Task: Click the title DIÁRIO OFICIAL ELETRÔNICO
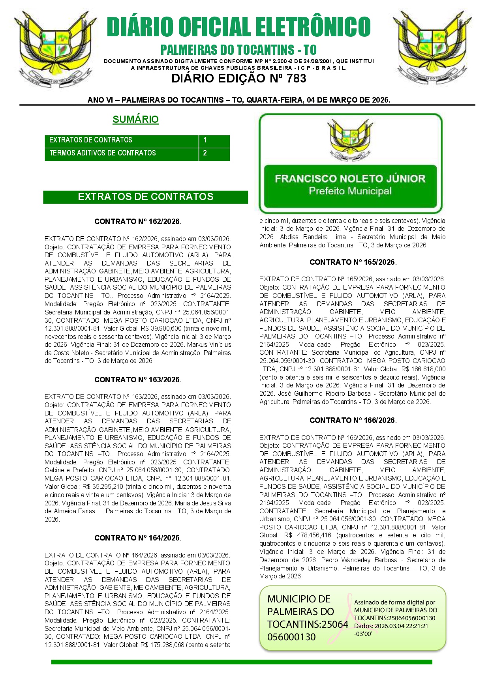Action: pos(238,27)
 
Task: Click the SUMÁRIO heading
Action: pos(135,119)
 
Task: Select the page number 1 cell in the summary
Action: pos(214,140)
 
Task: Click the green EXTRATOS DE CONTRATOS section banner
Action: pos(145,197)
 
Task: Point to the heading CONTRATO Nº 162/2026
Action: pos(138,221)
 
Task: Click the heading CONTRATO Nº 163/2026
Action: pos(138,380)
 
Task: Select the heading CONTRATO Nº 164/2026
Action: pos(138,538)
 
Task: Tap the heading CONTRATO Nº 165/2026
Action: pos(353,262)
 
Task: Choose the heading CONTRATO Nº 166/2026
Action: pos(353,420)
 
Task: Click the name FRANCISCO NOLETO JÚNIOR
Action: pos(350,179)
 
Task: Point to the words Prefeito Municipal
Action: pos(350,191)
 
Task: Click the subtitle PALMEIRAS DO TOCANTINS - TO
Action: pos(238,50)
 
